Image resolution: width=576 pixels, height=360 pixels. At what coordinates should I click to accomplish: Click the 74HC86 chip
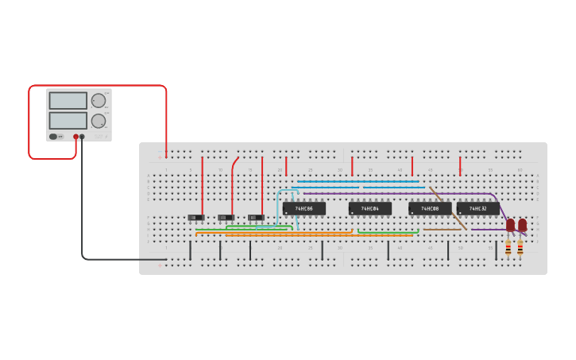pos(303,208)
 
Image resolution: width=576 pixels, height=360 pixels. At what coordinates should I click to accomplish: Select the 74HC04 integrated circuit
pos(369,208)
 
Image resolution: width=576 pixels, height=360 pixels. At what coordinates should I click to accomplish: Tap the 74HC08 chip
pos(430,208)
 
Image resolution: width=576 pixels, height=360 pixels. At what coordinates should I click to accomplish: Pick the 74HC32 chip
pos(477,208)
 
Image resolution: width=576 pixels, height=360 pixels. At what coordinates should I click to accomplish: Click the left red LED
pos(510,225)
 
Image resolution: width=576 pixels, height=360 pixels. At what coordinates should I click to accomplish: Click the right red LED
pos(522,225)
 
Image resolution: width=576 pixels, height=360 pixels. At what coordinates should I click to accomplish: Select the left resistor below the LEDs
pos(508,248)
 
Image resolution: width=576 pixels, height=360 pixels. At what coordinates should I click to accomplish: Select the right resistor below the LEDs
pos(520,248)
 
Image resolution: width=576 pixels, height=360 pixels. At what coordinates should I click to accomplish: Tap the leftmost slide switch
pos(196,217)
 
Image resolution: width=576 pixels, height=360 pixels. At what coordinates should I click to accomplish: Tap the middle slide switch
pos(226,217)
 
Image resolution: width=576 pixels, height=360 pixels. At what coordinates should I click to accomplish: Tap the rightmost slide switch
pos(256,217)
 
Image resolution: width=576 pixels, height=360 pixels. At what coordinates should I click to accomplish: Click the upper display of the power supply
pos(68,101)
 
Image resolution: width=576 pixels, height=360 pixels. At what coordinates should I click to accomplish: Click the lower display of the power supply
pos(68,120)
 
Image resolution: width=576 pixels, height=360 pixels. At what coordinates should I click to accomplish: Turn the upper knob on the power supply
pos(98,101)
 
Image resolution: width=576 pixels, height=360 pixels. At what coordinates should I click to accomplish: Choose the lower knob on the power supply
pos(98,121)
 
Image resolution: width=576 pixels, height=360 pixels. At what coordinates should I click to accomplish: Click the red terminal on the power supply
pos(76,137)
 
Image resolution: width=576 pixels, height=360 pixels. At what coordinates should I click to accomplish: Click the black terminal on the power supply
pos(82,137)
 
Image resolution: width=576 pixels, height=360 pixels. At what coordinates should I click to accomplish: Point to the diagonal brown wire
pos(448,208)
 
